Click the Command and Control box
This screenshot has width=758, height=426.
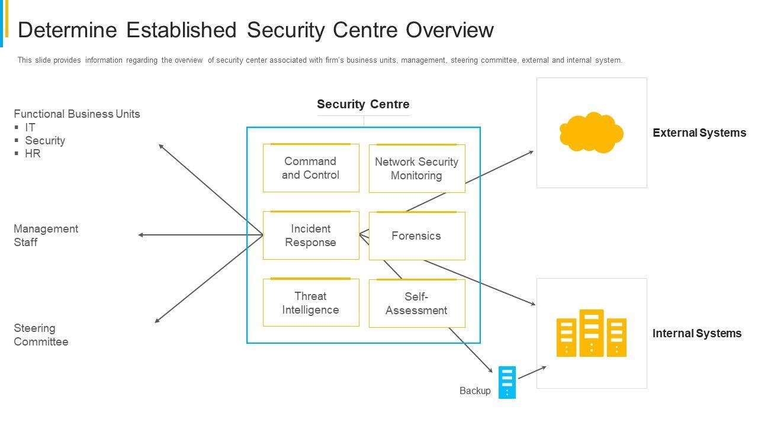click(311, 168)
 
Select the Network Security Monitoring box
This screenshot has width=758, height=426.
click(417, 169)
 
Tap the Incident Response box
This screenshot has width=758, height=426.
click(311, 235)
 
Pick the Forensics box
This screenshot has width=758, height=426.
click(417, 236)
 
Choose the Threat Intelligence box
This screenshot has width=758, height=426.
click(311, 303)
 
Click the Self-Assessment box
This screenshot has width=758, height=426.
click(417, 304)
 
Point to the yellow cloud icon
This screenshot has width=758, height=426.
click(591, 132)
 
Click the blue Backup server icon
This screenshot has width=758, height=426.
click(507, 382)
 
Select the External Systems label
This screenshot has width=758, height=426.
click(699, 133)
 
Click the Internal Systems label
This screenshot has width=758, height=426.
click(697, 334)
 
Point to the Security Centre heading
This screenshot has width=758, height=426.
click(363, 105)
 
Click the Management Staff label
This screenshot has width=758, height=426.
click(46, 235)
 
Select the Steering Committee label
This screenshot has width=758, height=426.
click(41, 335)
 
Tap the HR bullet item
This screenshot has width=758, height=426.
click(33, 154)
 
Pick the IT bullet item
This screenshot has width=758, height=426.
click(30, 128)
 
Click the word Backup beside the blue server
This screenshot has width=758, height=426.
click(475, 391)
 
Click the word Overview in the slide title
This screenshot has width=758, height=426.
click(449, 30)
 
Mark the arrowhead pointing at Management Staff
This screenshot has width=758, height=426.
click(141, 235)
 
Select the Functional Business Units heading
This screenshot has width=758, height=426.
click(77, 114)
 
